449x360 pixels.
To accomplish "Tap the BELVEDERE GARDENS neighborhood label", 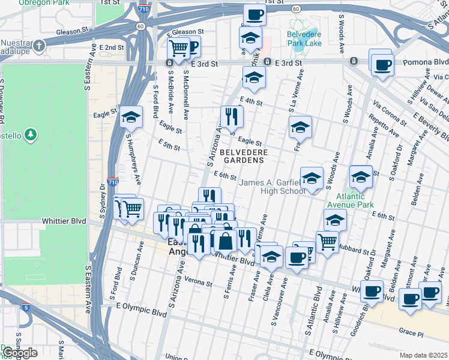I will coord(243,156).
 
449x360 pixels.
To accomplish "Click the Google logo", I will coord(20,353).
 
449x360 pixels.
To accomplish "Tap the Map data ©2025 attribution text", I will coord(423,355).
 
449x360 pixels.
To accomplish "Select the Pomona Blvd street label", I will coord(426,62).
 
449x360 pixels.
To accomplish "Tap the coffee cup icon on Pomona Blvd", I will coord(382,64).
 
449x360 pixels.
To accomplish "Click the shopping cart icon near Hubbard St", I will coord(327,241).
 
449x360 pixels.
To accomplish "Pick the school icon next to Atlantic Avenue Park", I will coord(361,176).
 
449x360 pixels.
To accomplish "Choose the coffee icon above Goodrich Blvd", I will coord(372,291).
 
